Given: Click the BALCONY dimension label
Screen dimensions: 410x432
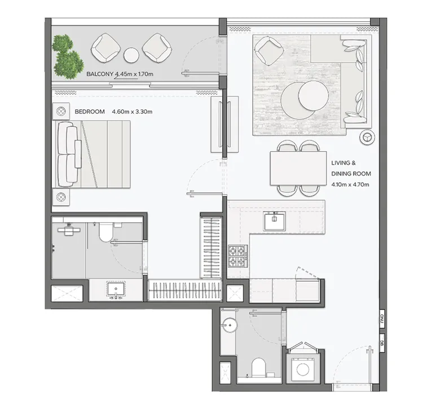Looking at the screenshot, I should [x=120, y=74].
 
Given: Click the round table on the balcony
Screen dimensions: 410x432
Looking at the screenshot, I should [x=131, y=55].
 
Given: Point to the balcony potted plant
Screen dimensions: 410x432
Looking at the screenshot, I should [x=67, y=55].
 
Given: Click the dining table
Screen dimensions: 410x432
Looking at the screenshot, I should [x=298, y=168].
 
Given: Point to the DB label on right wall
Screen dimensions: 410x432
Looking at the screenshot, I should [x=382, y=342].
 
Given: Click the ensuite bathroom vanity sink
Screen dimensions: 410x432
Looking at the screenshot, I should [x=117, y=290].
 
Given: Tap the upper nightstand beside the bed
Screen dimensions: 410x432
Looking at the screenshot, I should [x=61, y=112].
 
